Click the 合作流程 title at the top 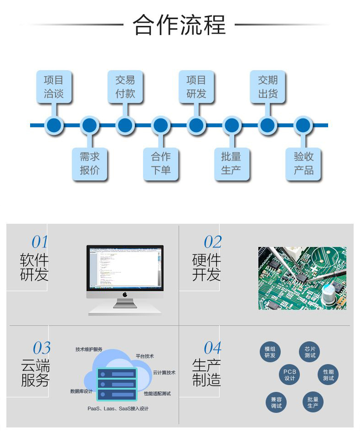click(x=180, y=25)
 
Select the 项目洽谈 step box click(x=54, y=87)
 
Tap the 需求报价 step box click(x=90, y=164)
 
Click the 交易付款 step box click(x=125, y=87)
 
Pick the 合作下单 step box click(x=160, y=164)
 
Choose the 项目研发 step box click(x=196, y=87)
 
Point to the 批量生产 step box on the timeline click(x=231, y=164)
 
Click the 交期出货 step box click(x=267, y=87)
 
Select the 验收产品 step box click(x=303, y=164)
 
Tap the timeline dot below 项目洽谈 click(x=54, y=125)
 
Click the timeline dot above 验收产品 click(x=303, y=125)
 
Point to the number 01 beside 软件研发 click(x=40, y=242)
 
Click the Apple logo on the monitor click(x=125, y=294)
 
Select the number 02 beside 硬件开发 click(x=212, y=242)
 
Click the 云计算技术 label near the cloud click(x=164, y=372)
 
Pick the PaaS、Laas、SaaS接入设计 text click(x=118, y=409)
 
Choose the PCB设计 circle click(x=290, y=375)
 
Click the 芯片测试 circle click(x=310, y=352)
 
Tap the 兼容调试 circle click(x=276, y=402)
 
